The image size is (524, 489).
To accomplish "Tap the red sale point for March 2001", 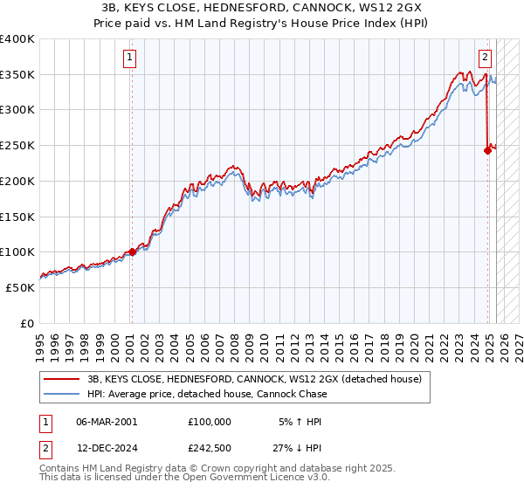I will click(132, 251).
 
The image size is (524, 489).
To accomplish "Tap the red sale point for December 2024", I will click(487, 150).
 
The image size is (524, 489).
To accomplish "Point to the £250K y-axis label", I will click(17, 145).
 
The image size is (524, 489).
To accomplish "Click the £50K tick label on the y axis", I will click(21, 287).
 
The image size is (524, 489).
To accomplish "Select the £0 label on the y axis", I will click(28, 323).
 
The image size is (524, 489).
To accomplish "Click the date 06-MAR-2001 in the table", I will click(107, 421).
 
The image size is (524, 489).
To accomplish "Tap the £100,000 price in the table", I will click(210, 421).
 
